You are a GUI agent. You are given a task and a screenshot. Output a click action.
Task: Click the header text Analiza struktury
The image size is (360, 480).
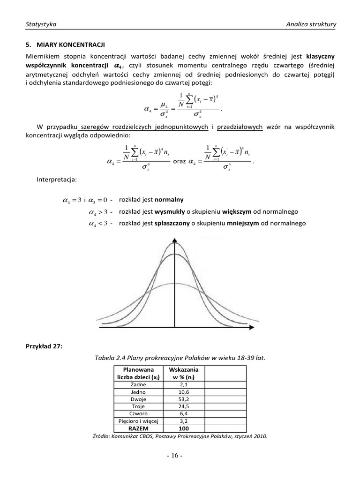(311, 24)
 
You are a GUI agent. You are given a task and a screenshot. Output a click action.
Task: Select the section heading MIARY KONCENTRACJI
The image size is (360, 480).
(65, 45)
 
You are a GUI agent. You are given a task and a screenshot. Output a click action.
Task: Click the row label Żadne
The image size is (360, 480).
(138, 384)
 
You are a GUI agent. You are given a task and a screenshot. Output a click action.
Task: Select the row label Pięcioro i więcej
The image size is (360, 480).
(138, 421)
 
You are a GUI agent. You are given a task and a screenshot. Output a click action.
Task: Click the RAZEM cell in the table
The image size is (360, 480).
(138, 429)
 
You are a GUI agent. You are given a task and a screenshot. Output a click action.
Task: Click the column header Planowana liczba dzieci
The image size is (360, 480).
(138, 374)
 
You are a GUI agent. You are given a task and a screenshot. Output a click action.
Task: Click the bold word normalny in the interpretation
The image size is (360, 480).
(169, 199)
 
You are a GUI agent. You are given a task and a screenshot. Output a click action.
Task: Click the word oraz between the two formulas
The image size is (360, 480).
(180, 162)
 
